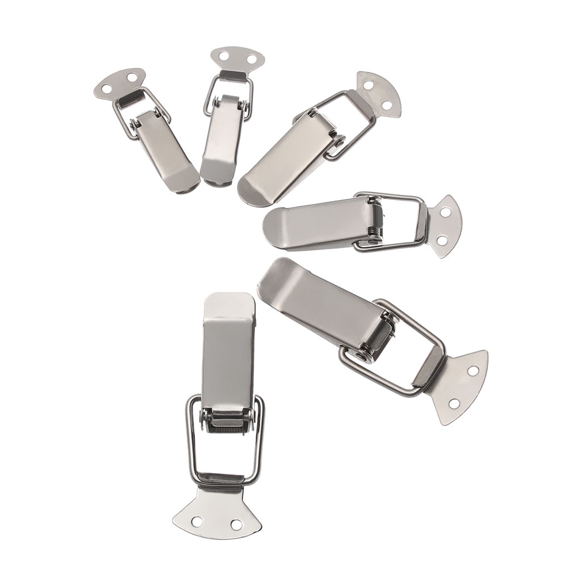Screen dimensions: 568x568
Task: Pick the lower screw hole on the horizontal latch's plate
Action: [x=442, y=241]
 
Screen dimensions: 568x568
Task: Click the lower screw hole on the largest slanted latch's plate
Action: [x=453, y=404]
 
